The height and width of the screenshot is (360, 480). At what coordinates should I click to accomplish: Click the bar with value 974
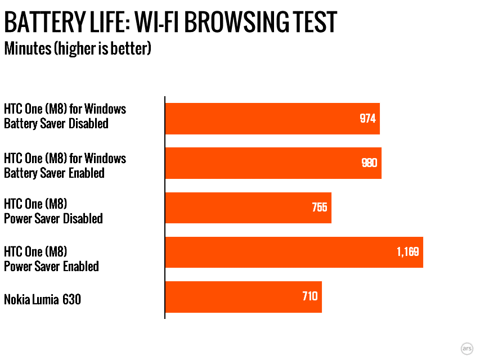pyautogui.click(x=272, y=119)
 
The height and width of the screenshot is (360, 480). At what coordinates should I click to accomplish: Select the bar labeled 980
pyautogui.click(x=273, y=163)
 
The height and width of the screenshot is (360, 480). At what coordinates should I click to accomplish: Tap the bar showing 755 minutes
pyautogui.click(x=248, y=208)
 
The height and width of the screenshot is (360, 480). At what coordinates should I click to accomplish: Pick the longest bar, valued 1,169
pyautogui.click(x=294, y=252)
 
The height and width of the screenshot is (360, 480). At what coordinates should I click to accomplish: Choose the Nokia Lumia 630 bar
pyautogui.click(x=243, y=296)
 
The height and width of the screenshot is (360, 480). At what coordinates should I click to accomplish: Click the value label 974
pyautogui.click(x=367, y=119)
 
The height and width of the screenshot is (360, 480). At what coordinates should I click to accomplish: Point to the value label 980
pyautogui.click(x=369, y=163)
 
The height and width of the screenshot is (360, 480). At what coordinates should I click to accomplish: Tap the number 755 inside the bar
pyautogui.click(x=320, y=208)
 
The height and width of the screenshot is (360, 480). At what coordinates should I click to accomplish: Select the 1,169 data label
pyautogui.click(x=408, y=252)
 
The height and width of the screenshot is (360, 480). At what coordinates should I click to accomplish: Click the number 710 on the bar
pyautogui.click(x=310, y=296)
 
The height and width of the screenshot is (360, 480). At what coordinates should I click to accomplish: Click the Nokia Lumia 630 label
pyautogui.click(x=43, y=299)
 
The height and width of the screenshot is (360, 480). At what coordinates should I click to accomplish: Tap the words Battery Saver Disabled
pyautogui.click(x=56, y=124)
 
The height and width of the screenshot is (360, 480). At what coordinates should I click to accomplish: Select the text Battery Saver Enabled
pyautogui.click(x=54, y=173)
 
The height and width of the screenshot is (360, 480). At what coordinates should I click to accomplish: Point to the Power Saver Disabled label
pyautogui.click(x=53, y=219)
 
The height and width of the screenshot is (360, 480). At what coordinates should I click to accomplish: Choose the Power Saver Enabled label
pyautogui.click(x=51, y=266)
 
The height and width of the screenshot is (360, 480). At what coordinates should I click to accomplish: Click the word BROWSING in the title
pyautogui.click(x=237, y=22)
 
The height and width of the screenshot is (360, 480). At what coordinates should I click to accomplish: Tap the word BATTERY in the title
pyautogui.click(x=44, y=22)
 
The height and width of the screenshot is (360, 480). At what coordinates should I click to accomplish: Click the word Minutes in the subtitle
pyautogui.click(x=28, y=49)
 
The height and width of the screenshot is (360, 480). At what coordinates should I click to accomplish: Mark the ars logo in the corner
pyautogui.click(x=467, y=348)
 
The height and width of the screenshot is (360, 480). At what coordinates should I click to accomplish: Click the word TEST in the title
pyautogui.click(x=315, y=22)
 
